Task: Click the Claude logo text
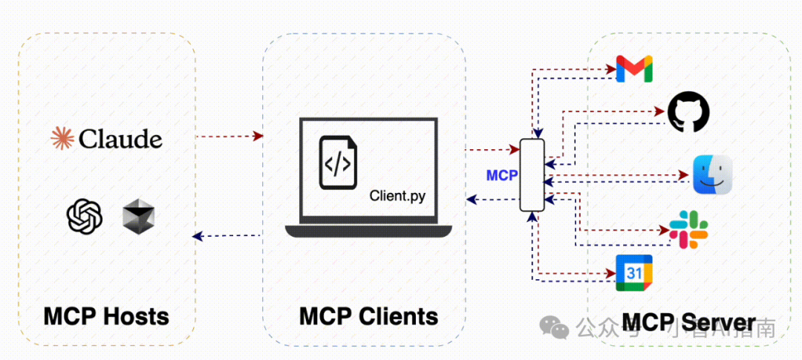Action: pos(120,139)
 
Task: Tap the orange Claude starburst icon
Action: pos(62,138)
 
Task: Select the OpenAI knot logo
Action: pos(84,216)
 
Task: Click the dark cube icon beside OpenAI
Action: pos(138,216)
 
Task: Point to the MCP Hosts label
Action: pos(106,316)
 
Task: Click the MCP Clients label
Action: pos(368,316)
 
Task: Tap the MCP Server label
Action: pos(688,322)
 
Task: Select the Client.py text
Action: pos(397,196)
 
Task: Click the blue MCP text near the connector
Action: pos(502,176)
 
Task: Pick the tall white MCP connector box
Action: pos(532,175)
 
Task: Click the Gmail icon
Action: pos(634,68)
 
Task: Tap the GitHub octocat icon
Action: pos(688,112)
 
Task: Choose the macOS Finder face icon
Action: pos(712,175)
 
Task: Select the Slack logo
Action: pos(688,229)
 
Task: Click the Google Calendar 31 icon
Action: pos(634,272)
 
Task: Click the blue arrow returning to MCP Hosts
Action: pos(229,236)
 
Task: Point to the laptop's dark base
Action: pos(368,230)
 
